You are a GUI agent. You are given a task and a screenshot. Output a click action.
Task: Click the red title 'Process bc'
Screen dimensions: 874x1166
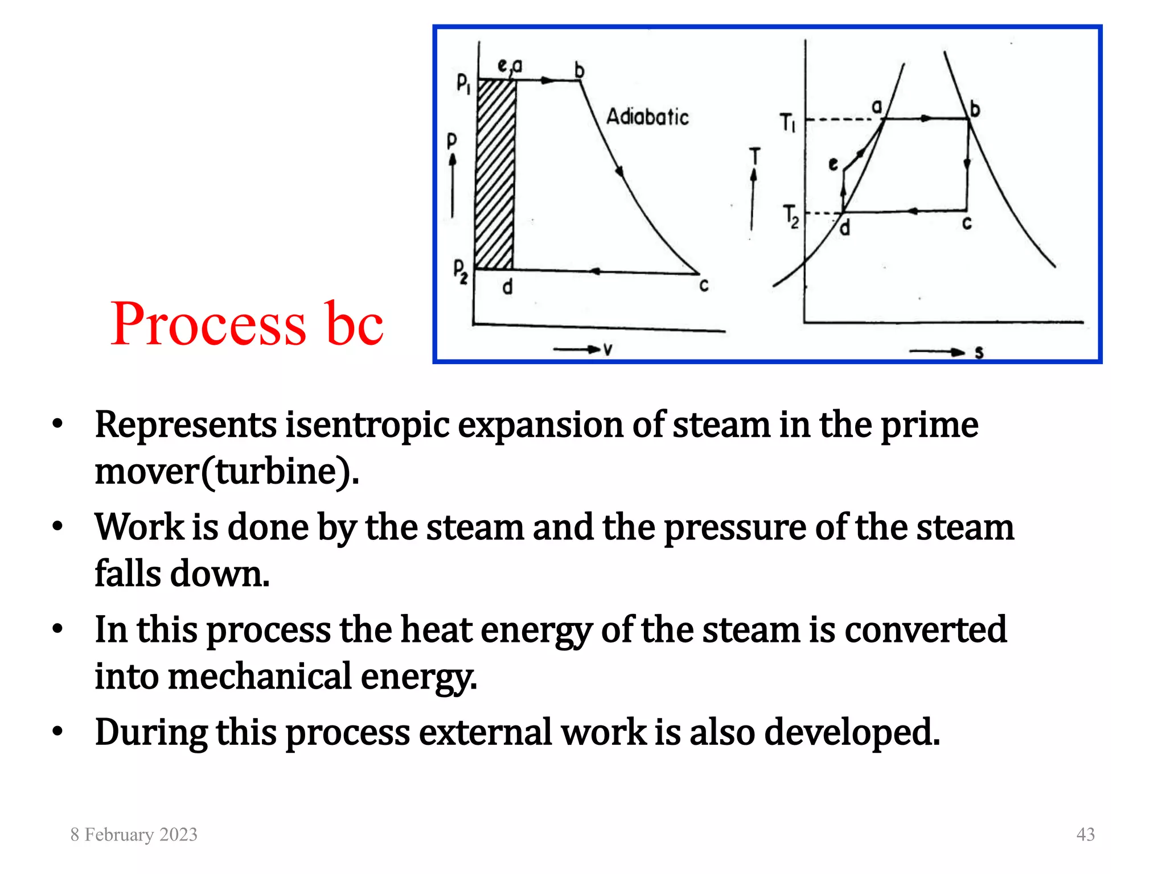click(x=247, y=324)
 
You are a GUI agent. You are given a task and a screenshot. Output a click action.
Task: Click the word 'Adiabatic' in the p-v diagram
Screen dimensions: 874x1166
click(x=647, y=117)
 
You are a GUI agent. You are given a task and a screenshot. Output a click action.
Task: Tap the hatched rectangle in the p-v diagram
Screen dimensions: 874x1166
click(x=495, y=174)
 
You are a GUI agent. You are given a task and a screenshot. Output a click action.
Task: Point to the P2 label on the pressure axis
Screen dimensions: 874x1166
click(x=461, y=271)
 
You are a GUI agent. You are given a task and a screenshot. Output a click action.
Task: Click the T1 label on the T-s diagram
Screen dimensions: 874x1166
click(x=787, y=122)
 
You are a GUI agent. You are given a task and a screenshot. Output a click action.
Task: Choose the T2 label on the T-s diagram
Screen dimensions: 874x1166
click(x=791, y=216)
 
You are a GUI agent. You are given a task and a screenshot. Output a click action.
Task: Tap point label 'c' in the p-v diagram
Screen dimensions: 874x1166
click(x=704, y=285)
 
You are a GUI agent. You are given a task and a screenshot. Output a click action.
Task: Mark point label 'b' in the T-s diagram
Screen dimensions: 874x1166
click(x=975, y=108)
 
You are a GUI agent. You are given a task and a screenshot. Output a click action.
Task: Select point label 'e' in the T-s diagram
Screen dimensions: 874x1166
click(x=833, y=164)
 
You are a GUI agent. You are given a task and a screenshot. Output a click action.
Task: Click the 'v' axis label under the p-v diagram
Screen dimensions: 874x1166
click(x=607, y=349)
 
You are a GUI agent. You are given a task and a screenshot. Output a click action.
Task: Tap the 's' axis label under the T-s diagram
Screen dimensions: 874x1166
click(x=979, y=353)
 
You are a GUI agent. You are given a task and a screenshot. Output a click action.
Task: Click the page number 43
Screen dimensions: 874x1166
click(x=1085, y=834)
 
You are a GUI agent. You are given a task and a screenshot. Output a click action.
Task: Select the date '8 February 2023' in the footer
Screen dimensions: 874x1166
click(x=134, y=834)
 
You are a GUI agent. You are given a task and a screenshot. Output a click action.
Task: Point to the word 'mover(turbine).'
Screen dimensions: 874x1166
click(x=227, y=471)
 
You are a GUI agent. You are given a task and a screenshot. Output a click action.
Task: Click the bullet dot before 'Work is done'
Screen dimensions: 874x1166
click(x=57, y=527)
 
